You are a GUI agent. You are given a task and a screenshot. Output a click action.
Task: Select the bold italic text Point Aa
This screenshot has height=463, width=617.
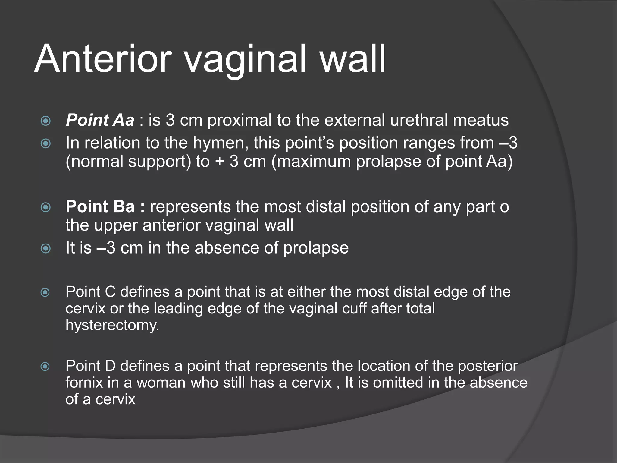(100, 120)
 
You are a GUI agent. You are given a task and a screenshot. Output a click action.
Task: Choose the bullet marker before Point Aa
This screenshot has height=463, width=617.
(45, 121)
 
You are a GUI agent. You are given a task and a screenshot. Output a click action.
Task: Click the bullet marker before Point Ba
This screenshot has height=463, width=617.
(45, 207)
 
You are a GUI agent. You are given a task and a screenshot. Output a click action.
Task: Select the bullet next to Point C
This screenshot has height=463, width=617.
(45, 292)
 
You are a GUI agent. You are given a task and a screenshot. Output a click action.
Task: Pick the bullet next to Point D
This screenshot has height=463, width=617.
(45, 367)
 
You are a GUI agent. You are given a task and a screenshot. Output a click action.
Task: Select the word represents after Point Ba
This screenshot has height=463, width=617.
(190, 207)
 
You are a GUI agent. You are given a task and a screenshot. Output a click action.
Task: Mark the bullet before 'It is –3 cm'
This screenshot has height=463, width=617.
(45, 249)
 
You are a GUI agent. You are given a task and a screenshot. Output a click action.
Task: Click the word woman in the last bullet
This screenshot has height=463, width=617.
(161, 383)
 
